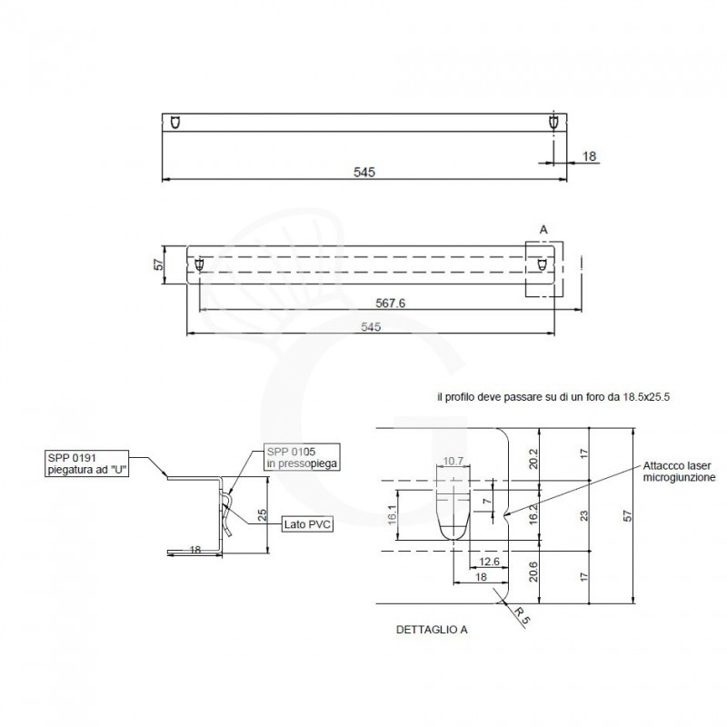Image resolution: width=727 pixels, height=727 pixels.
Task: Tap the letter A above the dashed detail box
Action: point(543,231)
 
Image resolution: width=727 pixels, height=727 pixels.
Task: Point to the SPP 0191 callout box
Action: point(87,462)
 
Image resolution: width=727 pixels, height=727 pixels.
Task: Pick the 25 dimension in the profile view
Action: point(262,514)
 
